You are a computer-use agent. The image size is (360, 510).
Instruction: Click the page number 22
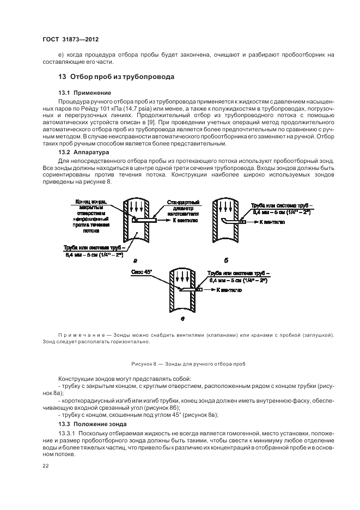click(46, 466)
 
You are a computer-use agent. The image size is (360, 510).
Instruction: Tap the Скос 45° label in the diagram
click(141, 271)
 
